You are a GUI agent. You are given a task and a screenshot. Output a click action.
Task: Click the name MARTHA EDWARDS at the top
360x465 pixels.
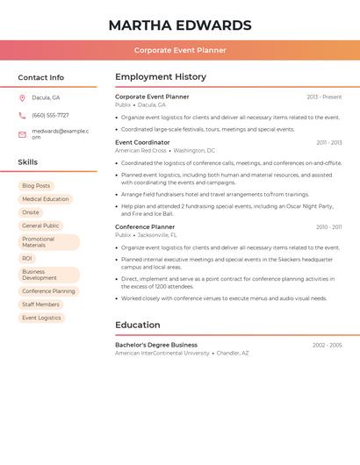[x=180, y=25]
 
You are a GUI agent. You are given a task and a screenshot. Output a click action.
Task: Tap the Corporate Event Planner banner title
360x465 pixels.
[x=180, y=50]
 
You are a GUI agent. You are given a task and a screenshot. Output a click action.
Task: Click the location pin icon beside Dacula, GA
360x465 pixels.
[x=22, y=97]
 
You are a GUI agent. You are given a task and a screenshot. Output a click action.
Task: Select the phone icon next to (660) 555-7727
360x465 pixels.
[x=22, y=115]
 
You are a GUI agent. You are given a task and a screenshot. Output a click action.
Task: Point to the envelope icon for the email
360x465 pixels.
[x=22, y=134]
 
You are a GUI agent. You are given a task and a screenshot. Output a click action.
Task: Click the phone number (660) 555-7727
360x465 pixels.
[x=50, y=115]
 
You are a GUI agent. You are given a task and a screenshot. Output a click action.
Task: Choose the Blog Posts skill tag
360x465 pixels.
[x=36, y=186]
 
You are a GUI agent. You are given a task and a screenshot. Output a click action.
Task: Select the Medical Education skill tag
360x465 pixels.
[x=45, y=199]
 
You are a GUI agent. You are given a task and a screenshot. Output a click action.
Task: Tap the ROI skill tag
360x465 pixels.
[x=27, y=259]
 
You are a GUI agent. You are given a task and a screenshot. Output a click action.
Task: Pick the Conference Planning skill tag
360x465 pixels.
[x=48, y=291]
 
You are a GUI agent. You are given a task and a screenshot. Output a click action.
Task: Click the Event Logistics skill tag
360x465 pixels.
[x=41, y=318]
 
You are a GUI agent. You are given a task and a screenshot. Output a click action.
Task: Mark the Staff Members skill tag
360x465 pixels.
[x=40, y=304]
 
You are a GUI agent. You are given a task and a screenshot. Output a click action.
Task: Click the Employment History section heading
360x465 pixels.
[x=161, y=77]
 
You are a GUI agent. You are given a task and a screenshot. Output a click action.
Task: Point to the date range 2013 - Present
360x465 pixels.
[x=324, y=97]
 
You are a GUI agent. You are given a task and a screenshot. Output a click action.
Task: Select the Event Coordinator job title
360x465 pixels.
[x=142, y=142]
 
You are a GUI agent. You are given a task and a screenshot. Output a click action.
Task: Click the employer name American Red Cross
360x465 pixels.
[x=140, y=151]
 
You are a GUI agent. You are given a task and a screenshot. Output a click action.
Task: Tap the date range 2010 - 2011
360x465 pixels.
[x=329, y=227]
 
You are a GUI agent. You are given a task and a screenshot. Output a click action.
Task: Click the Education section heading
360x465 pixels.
[x=137, y=325]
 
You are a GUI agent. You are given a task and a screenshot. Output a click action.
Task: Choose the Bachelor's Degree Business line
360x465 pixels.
[x=156, y=345]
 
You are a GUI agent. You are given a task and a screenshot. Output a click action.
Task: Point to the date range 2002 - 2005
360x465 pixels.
[x=327, y=346]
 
